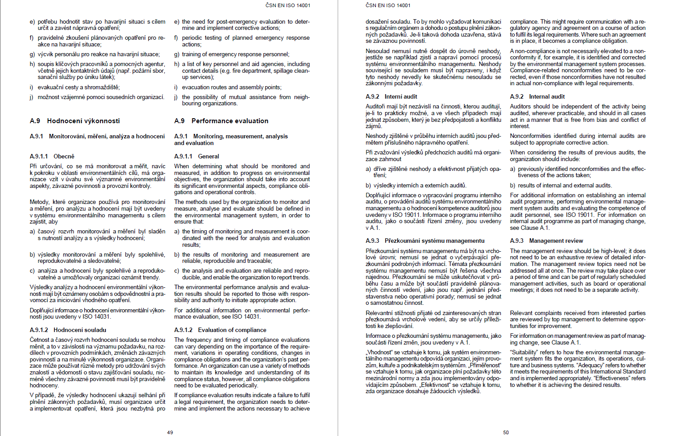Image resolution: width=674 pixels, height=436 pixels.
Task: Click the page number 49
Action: [x=170, y=432]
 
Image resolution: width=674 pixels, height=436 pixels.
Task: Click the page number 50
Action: [x=506, y=432]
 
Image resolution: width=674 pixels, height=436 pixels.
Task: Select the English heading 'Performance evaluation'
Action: [x=230, y=121]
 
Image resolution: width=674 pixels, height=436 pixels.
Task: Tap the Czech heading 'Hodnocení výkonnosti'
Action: [x=83, y=121]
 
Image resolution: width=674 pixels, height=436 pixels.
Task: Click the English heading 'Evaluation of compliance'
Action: [x=232, y=330]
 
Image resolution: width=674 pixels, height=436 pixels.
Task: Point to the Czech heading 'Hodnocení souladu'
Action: [x=80, y=330]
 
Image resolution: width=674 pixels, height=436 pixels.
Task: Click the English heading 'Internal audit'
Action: [x=547, y=96]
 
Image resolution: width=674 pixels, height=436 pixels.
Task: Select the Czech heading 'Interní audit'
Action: [x=401, y=96]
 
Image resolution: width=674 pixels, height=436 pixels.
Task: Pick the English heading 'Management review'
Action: [x=556, y=241]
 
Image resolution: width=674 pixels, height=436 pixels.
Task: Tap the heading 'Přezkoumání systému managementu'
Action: [x=434, y=241]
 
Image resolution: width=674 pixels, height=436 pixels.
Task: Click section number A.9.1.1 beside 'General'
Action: [x=183, y=156]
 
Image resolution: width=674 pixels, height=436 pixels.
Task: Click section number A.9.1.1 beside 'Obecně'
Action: [x=39, y=156]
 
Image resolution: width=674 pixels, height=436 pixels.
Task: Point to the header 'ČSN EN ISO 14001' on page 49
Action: [x=288, y=5]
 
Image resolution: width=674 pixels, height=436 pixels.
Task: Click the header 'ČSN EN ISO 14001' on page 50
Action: [x=388, y=5]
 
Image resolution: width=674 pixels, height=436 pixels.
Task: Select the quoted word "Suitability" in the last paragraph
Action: [x=524, y=352]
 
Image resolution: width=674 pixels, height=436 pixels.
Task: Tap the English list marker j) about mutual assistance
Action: [x=176, y=97]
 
